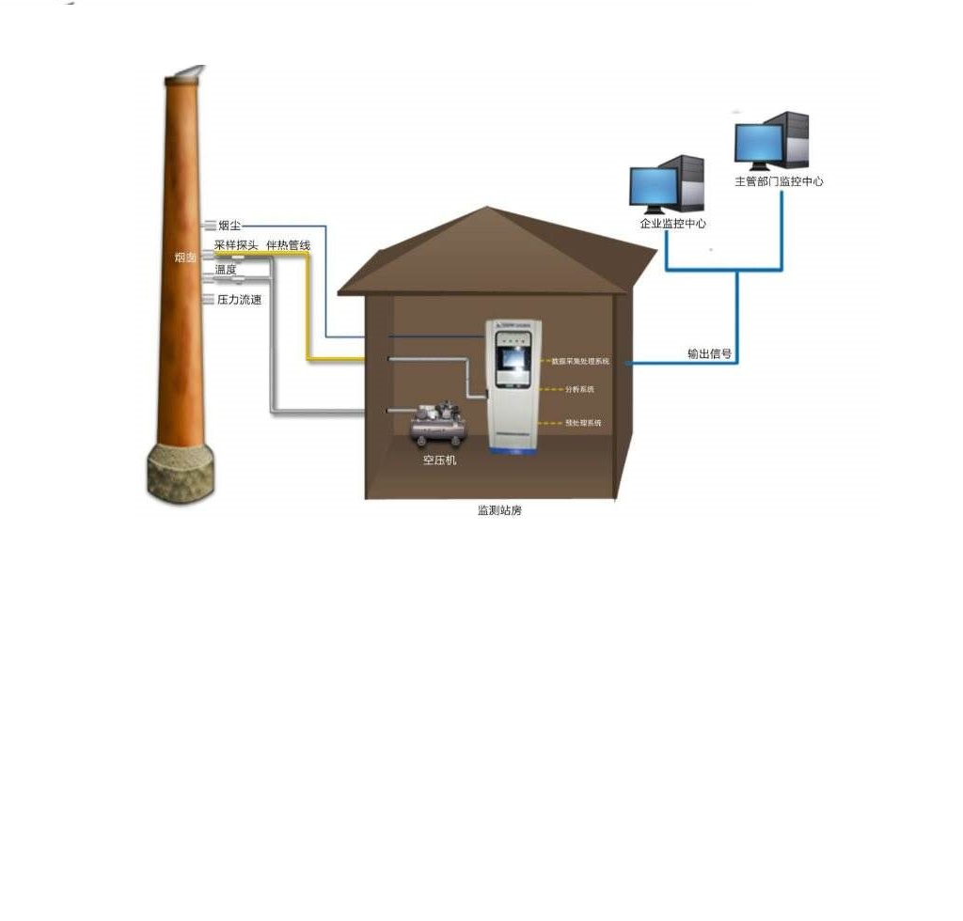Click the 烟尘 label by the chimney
click(229, 226)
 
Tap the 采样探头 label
click(235, 245)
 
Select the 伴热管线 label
click(288, 245)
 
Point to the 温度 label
click(226, 270)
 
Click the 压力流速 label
click(239, 300)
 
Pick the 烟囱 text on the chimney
click(185, 257)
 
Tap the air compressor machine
click(438, 424)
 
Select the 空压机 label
click(438, 460)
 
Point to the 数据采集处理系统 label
click(580, 361)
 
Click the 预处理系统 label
click(582, 424)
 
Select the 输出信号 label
click(709, 354)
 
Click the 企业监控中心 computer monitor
click(655, 189)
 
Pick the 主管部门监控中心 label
click(779, 181)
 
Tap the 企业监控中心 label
click(672, 224)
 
